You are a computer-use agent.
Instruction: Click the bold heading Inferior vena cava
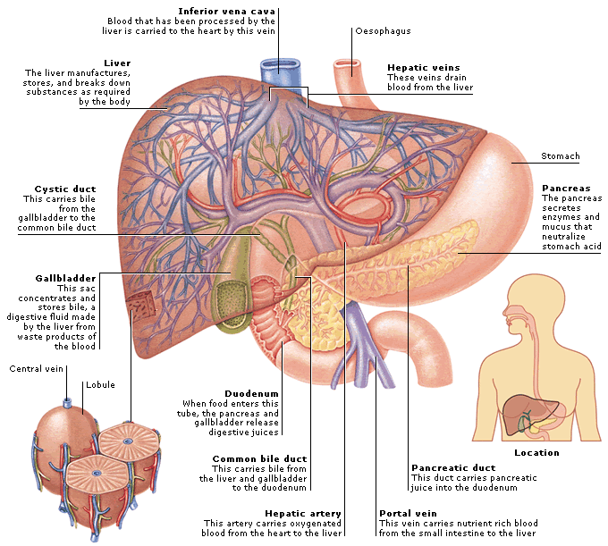[x=226, y=12]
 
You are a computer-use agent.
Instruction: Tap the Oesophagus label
[x=383, y=31]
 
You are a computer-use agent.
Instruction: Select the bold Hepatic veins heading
[x=424, y=68]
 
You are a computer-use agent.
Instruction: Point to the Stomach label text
[x=561, y=156]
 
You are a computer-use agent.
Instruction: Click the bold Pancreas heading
[x=566, y=189]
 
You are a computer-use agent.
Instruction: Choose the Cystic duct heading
[x=65, y=189]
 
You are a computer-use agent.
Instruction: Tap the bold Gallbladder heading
[x=65, y=278]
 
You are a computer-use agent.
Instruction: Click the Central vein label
[x=36, y=368]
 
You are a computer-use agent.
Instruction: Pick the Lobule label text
[x=100, y=385]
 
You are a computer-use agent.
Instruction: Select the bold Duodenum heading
[x=251, y=394]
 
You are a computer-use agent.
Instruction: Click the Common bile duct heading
[x=259, y=459]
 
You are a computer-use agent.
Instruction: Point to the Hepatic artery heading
[x=303, y=514]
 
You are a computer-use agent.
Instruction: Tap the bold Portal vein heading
[x=408, y=514]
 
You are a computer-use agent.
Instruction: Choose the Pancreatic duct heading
[x=453, y=467]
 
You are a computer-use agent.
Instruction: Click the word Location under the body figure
[x=536, y=452]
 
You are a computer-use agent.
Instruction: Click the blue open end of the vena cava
[x=281, y=64]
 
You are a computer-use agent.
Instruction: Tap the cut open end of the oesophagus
[x=348, y=63]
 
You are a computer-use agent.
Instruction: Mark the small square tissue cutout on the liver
[x=141, y=307]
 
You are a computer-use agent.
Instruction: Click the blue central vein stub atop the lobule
[x=67, y=403]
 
